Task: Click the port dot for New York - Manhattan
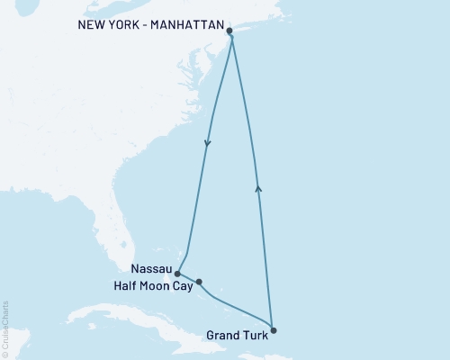tap(229, 31)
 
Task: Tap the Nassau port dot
tap(177, 274)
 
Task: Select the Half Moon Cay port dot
tap(199, 282)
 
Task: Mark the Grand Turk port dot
tap(273, 329)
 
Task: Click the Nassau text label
tap(149, 268)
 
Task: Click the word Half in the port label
tap(128, 285)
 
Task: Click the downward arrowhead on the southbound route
tap(208, 143)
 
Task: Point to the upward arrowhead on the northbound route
tap(259, 187)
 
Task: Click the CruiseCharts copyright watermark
tap(5, 328)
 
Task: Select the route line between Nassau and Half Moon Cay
tap(188, 278)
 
